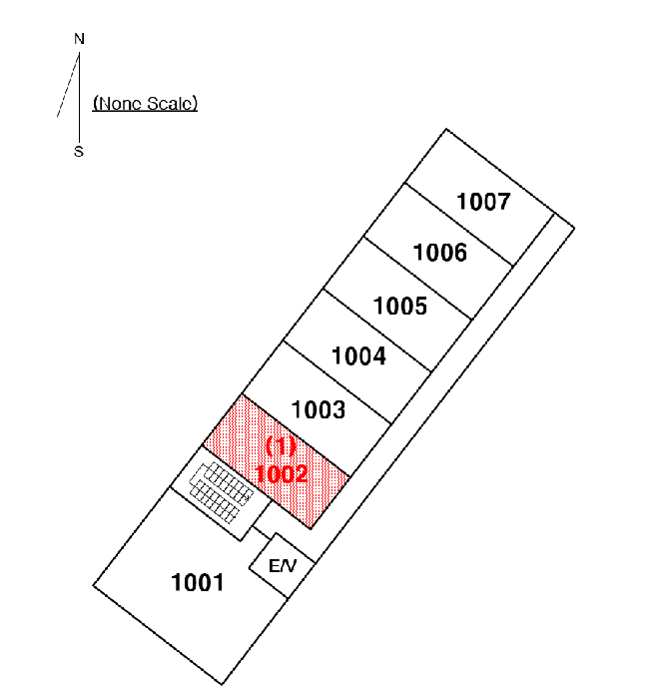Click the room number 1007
pyautogui.click(x=483, y=202)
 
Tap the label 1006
pyautogui.click(x=440, y=253)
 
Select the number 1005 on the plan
pyautogui.click(x=400, y=307)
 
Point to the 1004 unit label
pyautogui.click(x=358, y=356)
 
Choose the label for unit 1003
pyautogui.click(x=318, y=409)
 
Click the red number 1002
pyautogui.click(x=282, y=474)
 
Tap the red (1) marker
pyautogui.click(x=281, y=445)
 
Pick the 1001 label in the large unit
pyautogui.click(x=198, y=582)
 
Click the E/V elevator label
pyautogui.click(x=283, y=566)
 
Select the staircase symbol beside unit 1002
pyautogui.click(x=222, y=492)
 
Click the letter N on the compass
pyautogui.click(x=79, y=39)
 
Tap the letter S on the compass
pyautogui.click(x=79, y=152)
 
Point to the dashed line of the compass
pyautogui.click(x=68, y=85)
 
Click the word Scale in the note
pyautogui.click(x=172, y=104)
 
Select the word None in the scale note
pyautogui.click(x=118, y=104)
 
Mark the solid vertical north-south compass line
pyautogui.click(x=79, y=97)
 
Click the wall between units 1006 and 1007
pyautogui.click(x=458, y=225)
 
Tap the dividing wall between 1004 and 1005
pyautogui.click(x=376, y=330)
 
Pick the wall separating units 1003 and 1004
pyautogui.click(x=337, y=382)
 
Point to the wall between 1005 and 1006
pyautogui.click(x=418, y=279)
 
